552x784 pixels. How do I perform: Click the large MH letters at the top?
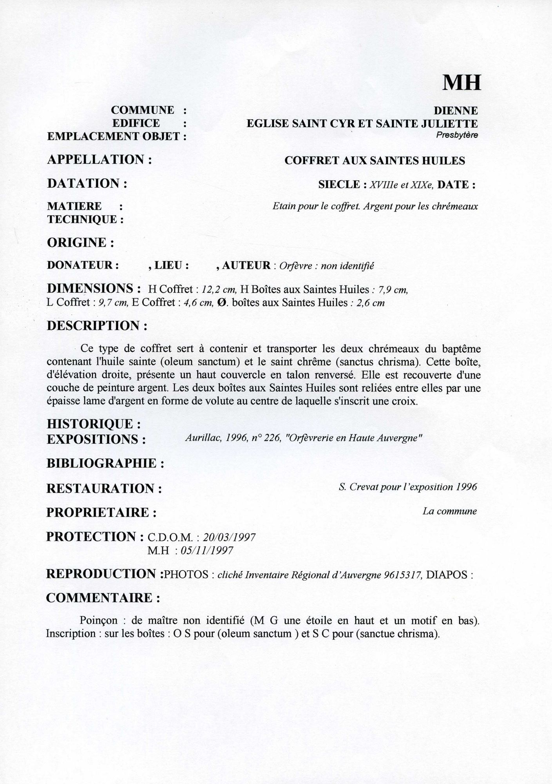(x=461, y=82)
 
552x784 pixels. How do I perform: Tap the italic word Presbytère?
(x=457, y=136)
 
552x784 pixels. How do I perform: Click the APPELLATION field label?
(x=99, y=160)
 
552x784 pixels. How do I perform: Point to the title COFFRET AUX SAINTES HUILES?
(x=375, y=160)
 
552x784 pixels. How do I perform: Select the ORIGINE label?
(x=80, y=243)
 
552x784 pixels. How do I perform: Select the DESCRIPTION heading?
(x=97, y=326)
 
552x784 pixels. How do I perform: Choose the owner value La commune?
(x=450, y=511)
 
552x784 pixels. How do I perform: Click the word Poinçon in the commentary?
(x=98, y=621)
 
